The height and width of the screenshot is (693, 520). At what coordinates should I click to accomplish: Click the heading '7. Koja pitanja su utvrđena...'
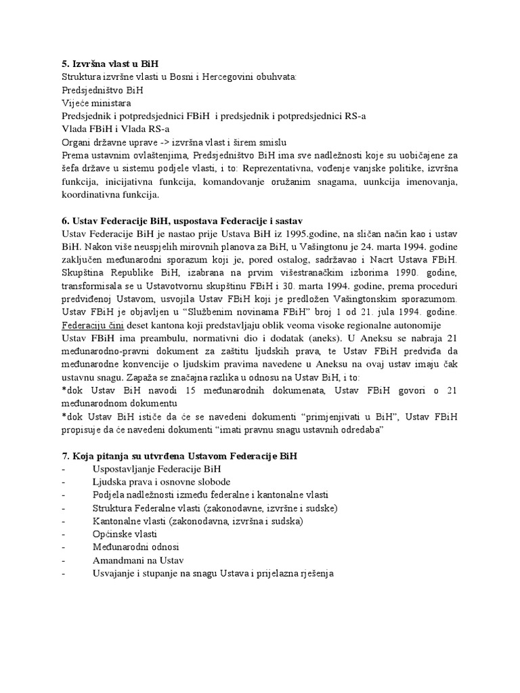point(179,457)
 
